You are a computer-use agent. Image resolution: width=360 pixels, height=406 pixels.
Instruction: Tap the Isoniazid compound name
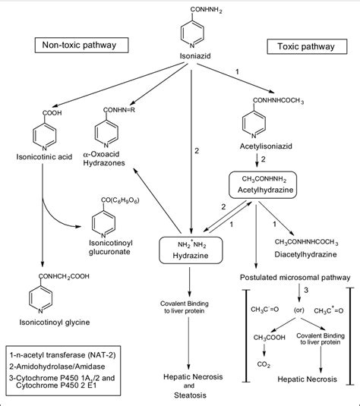(195, 56)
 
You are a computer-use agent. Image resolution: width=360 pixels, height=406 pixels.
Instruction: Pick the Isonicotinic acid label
(44, 157)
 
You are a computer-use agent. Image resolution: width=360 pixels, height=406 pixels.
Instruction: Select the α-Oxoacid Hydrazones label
(104, 159)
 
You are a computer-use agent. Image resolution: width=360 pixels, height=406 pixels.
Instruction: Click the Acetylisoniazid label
(266, 146)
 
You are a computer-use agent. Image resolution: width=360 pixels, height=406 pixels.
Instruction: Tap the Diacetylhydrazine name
(305, 254)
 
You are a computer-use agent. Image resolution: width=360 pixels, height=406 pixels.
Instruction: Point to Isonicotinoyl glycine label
(55, 323)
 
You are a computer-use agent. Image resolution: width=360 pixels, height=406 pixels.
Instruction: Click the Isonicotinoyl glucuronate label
(110, 247)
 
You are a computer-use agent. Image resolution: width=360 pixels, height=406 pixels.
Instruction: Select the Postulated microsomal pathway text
(295, 278)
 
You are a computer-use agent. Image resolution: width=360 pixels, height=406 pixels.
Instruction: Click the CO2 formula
(264, 364)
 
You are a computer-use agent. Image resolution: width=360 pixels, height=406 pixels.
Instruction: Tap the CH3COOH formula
(270, 338)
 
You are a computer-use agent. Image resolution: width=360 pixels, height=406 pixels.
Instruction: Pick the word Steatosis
(190, 395)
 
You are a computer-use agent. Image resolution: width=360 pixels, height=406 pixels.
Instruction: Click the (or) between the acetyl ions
(298, 310)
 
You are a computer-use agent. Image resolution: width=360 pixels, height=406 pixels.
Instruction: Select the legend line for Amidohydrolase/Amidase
(57, 367)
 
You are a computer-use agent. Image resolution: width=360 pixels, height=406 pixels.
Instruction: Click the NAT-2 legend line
(62, 355)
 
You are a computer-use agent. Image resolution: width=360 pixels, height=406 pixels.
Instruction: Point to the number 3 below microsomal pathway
(306, 290)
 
